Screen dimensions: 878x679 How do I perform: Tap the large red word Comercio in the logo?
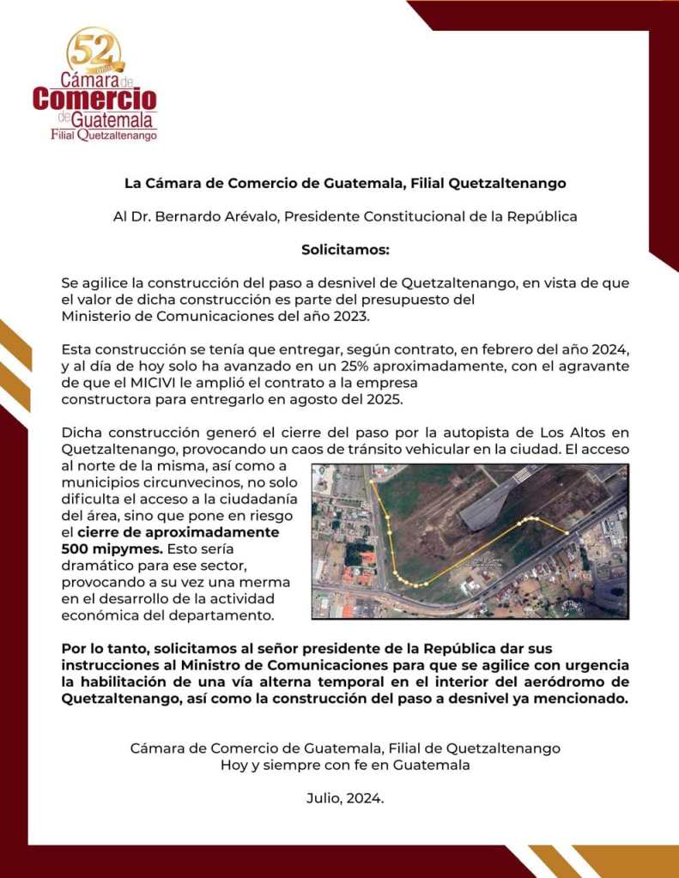click(94, 98)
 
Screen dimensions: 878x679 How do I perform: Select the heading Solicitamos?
click(345, 250)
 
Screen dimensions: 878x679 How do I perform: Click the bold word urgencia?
click(586, 665)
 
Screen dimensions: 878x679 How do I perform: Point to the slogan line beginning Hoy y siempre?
click(345, 765)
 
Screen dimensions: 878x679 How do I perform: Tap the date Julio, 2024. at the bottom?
click(345, 797)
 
